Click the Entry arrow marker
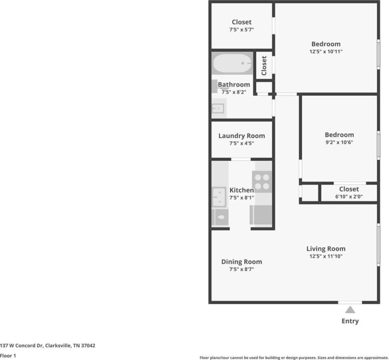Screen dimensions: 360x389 click(350, 310)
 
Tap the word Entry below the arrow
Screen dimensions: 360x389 click(350, 321)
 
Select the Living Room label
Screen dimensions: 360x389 click(326, 249)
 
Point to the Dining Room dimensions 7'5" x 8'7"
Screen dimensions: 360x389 click(241, 270)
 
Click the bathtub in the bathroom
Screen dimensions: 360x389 click(232, 63)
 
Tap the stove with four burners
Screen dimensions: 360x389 click(261, 181)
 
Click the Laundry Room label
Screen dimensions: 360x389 click(241, 136)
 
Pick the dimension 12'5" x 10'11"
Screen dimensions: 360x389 click(326, 51)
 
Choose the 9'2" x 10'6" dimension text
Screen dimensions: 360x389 click(339, 142)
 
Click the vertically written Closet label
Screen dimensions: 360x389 click(264, 66)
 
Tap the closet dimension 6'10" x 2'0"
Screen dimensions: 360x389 click(349, 196)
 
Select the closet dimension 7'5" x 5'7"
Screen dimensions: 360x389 click(241, 30)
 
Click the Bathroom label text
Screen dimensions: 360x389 click(234, 85)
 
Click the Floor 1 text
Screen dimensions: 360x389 click(8, 356)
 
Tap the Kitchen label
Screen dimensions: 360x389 click(241, 190)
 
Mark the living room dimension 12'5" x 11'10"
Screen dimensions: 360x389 click(326, 256)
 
